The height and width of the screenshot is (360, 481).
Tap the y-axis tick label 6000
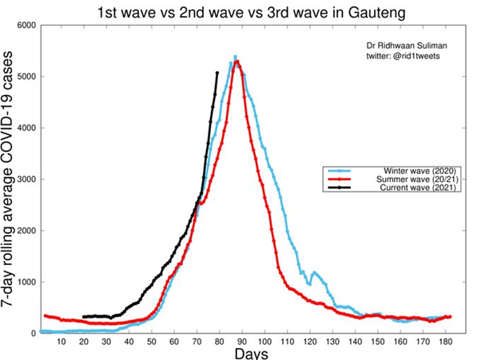pyautogui.click(x=25, y=26)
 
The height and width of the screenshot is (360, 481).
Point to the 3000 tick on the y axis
pyautogui.click(x=25, y=180)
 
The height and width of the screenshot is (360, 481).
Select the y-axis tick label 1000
pyautogui.click(x=25, y=283)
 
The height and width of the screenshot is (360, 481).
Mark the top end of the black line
pyautogui.click(x=217, y=73)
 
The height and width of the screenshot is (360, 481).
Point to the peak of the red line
pyautogui.click(x=237, y=61)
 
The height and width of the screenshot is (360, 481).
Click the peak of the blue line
pyautogui.click(x=235, y=57)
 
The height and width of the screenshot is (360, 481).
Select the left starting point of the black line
pyautogui.click(x=85, y=317)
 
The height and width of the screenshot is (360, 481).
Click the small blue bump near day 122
pyautogui.click(x=314, y=273)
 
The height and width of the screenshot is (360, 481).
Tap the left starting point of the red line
pyautogui.click(x=45, y=315)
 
